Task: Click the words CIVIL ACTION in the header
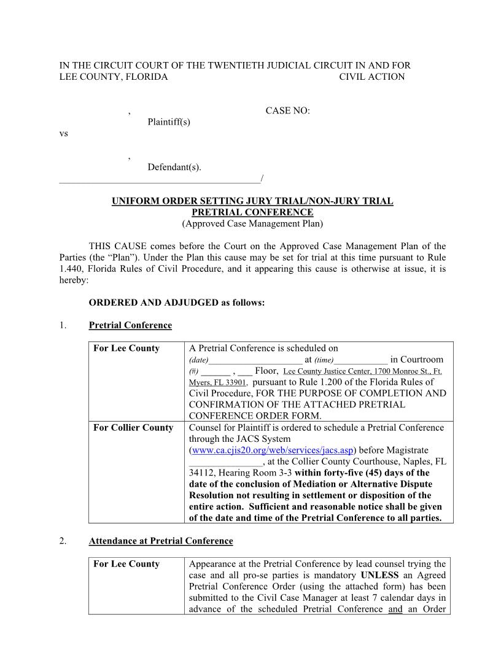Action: pyautogui.click(x=371, y=77)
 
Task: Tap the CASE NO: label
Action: pyautogui.click(x=287, y=110)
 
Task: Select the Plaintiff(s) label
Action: pyautogui.click(x=169, y=121)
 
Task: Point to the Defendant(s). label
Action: pyautogui.click(x=174, y=167)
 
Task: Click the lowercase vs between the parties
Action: pyautogui.click(x=63, y=133)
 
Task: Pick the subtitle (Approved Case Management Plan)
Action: pyautogui.click(x=252, y=223)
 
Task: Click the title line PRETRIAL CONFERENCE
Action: pyautogui.click(x=252, y=212)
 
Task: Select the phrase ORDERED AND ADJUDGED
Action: pyautogui.click(x=147, y=303)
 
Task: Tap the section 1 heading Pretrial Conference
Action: pyautogui.click(x=130, y=325)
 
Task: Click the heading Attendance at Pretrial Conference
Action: pyautogui.click(x=161, y=541)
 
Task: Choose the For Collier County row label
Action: pyautogui.click(x=133, y=428)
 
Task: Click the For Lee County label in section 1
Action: pyautogui.click(x=126, y=349)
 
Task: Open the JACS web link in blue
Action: pyautogui.click(x=272, y=450)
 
